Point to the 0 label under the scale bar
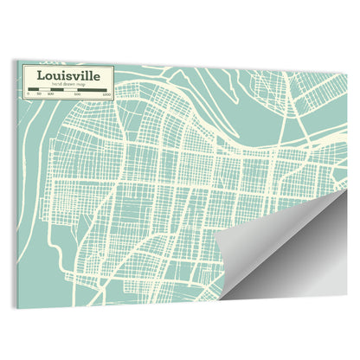tap(29, 94)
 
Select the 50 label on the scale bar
tap(39, 94)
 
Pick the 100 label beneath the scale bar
tap(50, 94)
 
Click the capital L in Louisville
tap(39, 75)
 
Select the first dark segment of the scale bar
tap(34, 90)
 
